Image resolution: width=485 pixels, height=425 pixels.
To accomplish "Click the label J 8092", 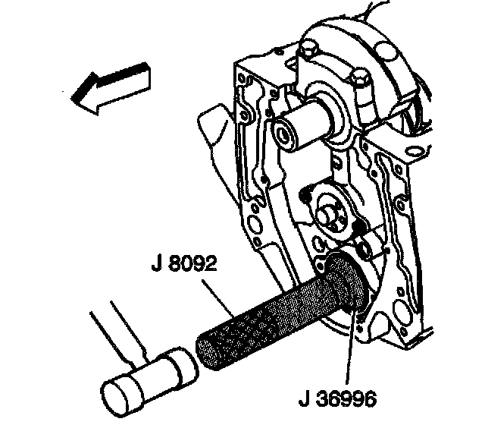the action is pos(183,267).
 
